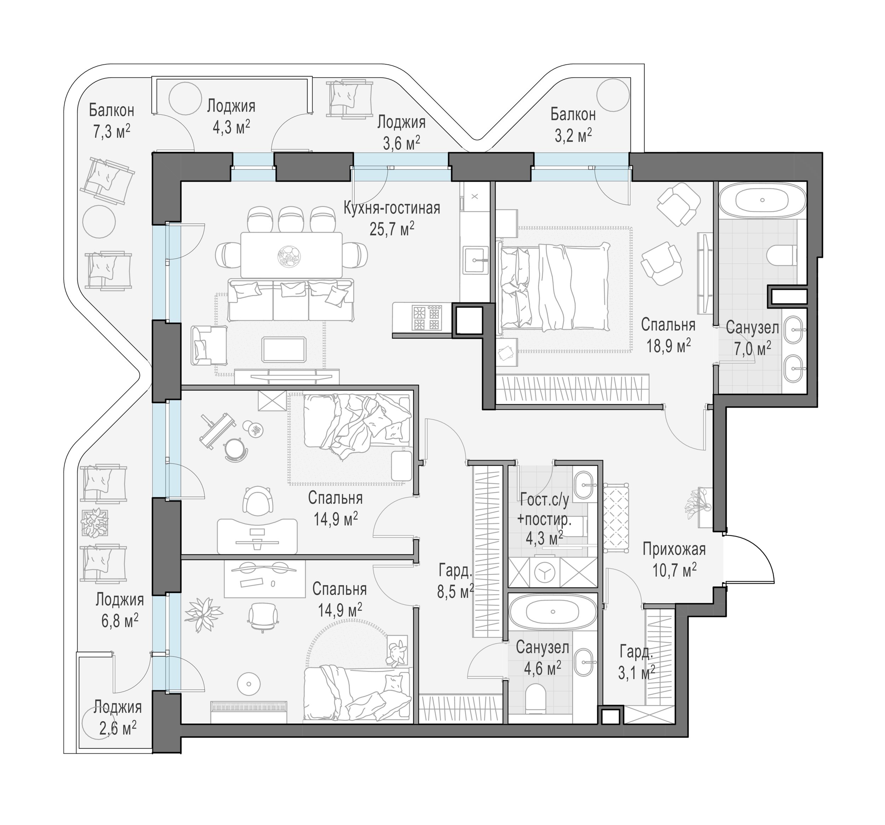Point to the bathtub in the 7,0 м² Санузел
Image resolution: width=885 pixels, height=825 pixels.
762,200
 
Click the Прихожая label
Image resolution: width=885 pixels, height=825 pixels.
674,549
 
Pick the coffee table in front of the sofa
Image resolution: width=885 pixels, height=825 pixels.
284,350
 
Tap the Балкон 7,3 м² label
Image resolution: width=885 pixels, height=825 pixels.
111,121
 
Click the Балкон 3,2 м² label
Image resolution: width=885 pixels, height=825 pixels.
573,125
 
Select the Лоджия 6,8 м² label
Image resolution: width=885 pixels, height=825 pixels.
120,610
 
